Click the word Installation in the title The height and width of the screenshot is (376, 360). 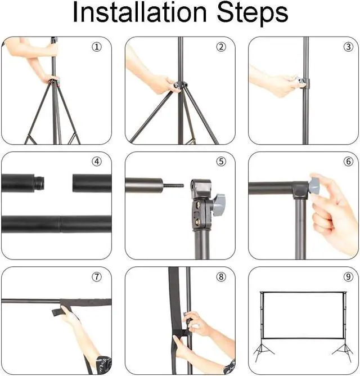[139, 12]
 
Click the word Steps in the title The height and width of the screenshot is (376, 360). [252, 14]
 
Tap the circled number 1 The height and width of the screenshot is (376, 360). [97, 47]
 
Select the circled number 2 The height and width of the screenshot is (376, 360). [221, 47]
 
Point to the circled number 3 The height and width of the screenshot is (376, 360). [348, 47]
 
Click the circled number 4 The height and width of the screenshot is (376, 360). [97, 162]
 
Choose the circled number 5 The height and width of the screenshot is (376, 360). [221, 162]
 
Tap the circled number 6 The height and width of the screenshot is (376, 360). [348, 162]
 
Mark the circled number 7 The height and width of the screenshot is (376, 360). [97, 277]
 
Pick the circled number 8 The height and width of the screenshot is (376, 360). [221, 277]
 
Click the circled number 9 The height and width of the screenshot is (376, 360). [348, 277]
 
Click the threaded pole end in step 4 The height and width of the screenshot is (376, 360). [39, 183]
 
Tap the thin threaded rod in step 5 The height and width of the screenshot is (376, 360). [173, 185]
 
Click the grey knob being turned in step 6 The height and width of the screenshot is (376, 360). [314, 186]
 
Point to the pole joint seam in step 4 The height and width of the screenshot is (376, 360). [60, 224]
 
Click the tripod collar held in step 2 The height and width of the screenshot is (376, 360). [180, 85]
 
